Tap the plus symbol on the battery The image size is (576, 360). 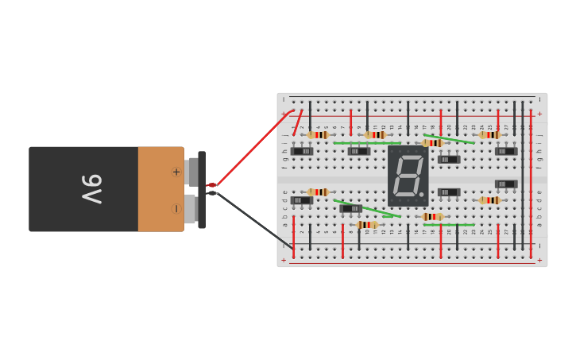176,172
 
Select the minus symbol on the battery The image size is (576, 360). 176,209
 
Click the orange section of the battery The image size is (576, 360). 159,189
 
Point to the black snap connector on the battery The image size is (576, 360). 202,189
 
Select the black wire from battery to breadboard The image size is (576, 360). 254,219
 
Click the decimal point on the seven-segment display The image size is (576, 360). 422,194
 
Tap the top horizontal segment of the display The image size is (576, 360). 410,158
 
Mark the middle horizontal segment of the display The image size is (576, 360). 408,176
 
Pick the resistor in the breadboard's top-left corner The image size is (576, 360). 318,135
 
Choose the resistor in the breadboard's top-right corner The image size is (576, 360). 489,135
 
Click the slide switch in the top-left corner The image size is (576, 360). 302,151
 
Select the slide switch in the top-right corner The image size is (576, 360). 505,151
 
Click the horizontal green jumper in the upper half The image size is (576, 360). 366,143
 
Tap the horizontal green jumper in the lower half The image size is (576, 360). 449,225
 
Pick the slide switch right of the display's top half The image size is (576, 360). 448,160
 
